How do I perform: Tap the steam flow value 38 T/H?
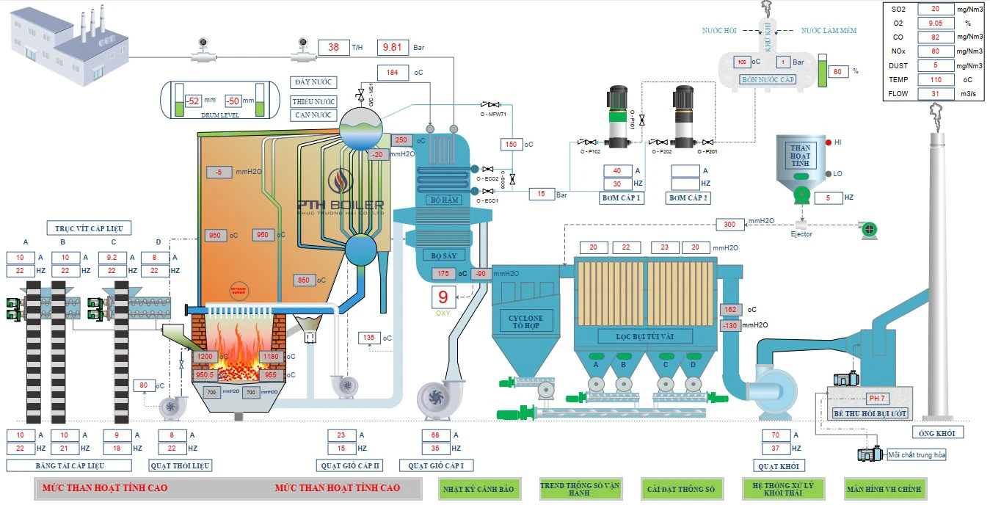(333, 47)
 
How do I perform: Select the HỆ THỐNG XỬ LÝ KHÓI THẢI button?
(783, 489)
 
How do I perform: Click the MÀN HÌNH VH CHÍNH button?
(884, 489)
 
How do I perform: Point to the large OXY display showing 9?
(443, 298)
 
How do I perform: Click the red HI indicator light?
(828, 142)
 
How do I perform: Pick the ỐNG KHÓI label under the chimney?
(937, 432)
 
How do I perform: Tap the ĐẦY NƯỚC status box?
(313, 82)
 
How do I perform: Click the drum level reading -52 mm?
(193, 101)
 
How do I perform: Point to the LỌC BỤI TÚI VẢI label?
(646, 336)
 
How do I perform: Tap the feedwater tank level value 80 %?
(837, 72)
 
